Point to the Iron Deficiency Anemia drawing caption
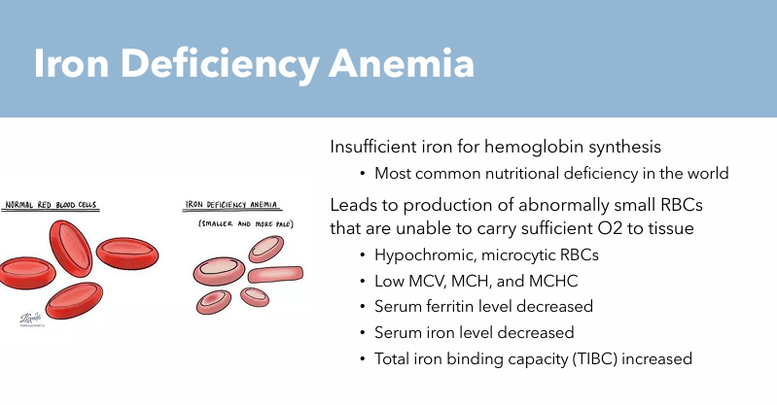click(231, 205)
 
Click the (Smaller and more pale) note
click(246, 225)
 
